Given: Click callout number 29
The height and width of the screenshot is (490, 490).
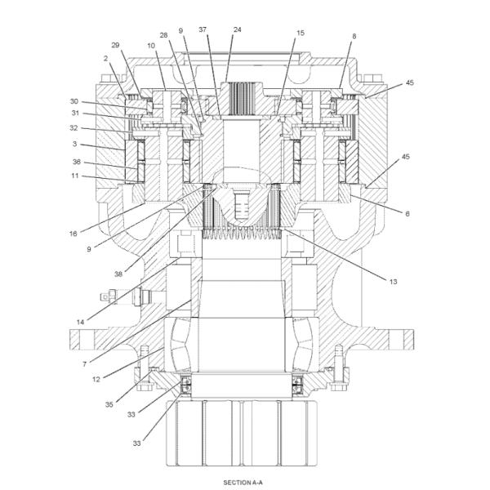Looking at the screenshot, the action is click(x=115, y=45).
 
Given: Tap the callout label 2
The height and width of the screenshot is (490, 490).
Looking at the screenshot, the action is click(x=106, y=58).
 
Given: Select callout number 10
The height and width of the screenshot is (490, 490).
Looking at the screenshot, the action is click(x=151, y=47).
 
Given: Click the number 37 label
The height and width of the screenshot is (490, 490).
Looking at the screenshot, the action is click(x=202, y=30).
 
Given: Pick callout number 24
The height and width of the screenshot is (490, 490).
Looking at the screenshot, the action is click(x=238, y=30).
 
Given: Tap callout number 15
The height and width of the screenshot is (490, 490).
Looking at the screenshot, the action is click(x=301, y=33).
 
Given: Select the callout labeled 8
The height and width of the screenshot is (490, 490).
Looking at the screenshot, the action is click(x=354, y=36).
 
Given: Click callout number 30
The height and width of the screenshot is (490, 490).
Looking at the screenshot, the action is click(x=73, y=101).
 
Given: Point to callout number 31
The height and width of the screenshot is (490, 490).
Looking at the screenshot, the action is click(x=73, y=114).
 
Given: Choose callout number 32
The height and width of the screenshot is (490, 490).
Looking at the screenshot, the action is click(x=73, y=128).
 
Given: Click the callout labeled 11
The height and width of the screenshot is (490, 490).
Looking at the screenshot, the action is click(x=73, y=176).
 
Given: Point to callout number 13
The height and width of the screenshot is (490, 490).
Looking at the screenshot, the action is click(x=393, y=281).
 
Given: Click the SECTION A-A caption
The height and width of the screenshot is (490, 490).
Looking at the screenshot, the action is click(x=243, y=483).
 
